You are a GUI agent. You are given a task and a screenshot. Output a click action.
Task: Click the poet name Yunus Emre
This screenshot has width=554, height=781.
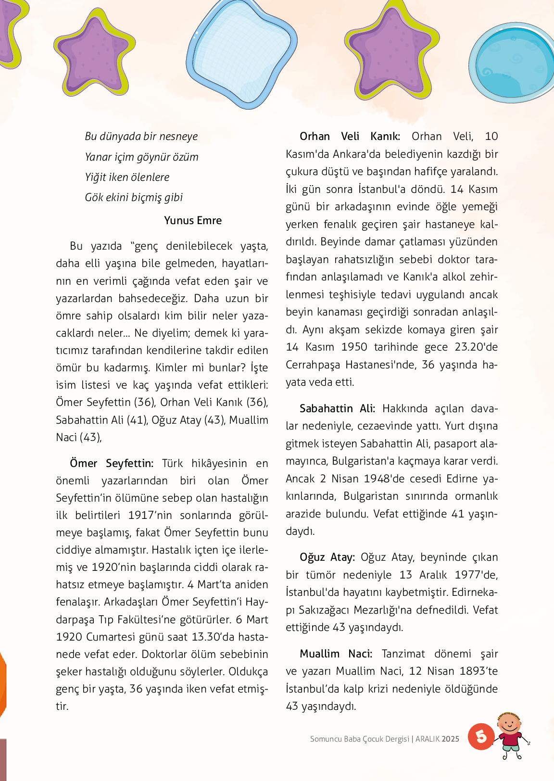(x=193, y=220)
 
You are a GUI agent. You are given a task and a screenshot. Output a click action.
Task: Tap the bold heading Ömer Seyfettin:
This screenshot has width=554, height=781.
(x=112, y=463)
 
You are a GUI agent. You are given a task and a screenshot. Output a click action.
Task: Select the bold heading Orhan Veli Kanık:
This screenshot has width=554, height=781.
(x=350, y=136)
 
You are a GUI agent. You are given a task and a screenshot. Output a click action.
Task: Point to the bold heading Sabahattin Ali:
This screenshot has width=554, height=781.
(x=337, y=408)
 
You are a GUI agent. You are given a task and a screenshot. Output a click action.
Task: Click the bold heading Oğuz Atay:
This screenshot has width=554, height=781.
(x=327, y=557)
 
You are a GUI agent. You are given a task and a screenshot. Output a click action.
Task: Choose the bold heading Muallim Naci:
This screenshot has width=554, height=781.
(x=336, y=654)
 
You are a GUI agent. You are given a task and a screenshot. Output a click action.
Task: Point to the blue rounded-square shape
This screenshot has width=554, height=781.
(x=241, y=51)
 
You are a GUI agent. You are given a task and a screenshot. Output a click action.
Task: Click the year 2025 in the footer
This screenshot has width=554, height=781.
(x=451, y=739)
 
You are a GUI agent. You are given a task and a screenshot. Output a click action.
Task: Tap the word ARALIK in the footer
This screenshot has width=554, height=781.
(x=428, y=739)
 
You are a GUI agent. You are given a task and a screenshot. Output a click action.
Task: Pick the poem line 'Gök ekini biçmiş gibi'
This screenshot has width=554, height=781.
(x=134, y=197)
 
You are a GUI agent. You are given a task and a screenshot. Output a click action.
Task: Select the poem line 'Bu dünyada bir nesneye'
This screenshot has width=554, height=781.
(x=141, y=136)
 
